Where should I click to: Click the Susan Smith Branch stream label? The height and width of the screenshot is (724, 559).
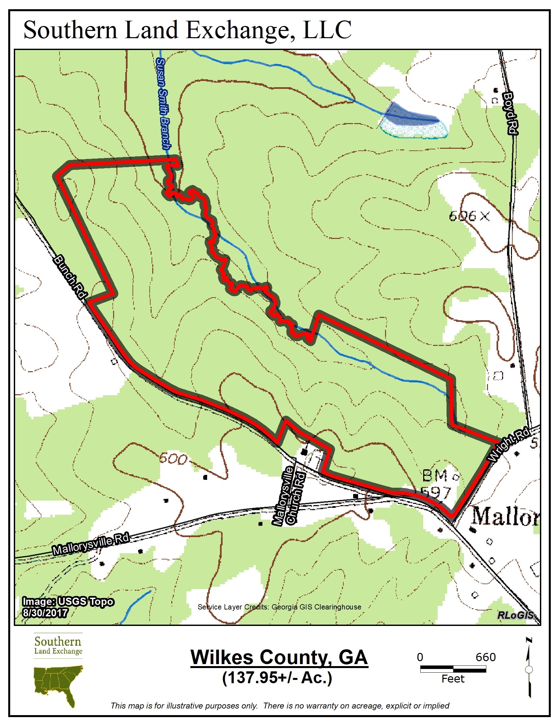(x=164, y=103)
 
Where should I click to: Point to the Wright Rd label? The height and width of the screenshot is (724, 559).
(x=509, y=445)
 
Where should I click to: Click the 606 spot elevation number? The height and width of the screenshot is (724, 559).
(x=462, y=217)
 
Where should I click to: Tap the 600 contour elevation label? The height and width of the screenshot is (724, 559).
(x=173, y=459)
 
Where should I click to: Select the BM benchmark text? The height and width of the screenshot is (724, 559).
(x=435, y=477)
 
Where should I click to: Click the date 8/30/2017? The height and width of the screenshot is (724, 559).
(x=45, y=612)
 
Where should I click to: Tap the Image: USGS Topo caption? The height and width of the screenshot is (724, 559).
(x=68, y=601)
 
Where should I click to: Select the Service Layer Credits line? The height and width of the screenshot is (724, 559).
(x=279, y=607)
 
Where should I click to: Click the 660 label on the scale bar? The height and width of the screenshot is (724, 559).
(x=485, y=657)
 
